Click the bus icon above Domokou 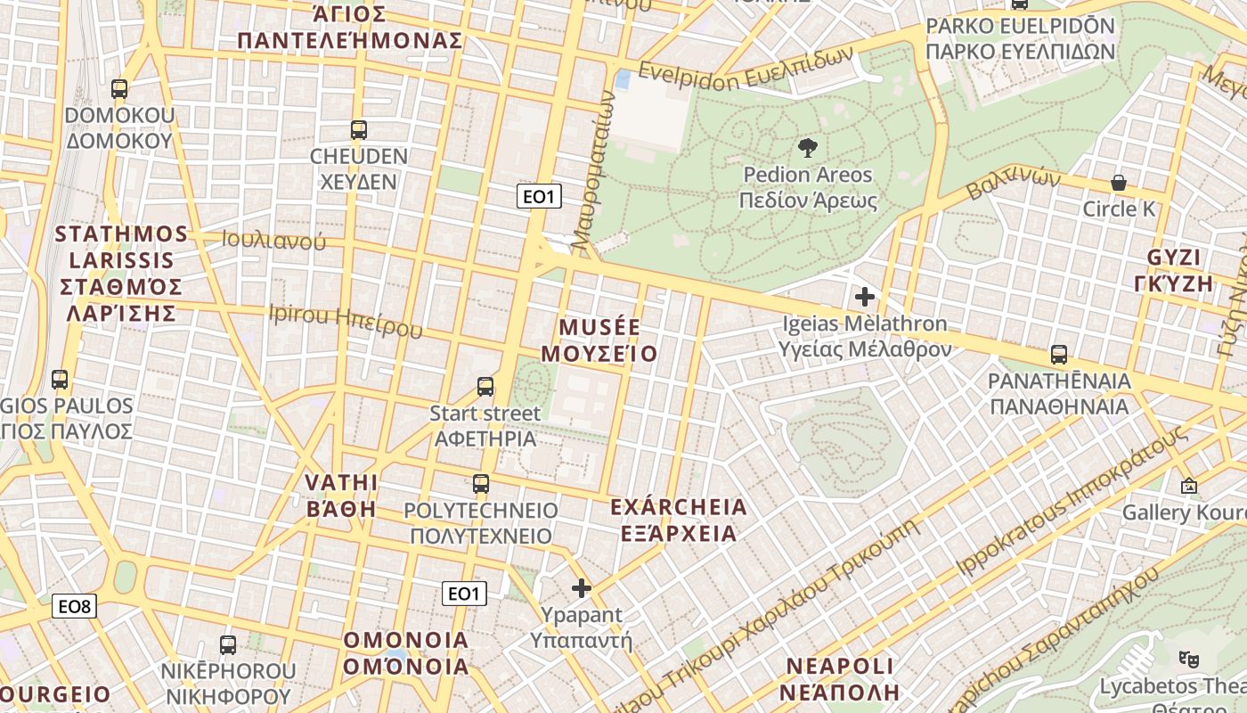pyautogui.click(x=119, y=89)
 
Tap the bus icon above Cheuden pyautogui.click(x=359, y=130)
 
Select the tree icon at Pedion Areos pyautogui.click(x=808, y=148)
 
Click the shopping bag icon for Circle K pyautogui.click(x=1119, y=183)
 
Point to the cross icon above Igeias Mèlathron pyautogui.click(x=864, y=297)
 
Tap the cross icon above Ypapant pyautogui.click(x=582, y=588)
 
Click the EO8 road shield pyautogui.click(x=74, y=607)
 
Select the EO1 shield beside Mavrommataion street pyautogui.click(x=539, y=196)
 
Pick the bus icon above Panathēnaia pyautogui.click(x=1058, y=355)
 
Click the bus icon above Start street pyautogui.click(x=485, y=387)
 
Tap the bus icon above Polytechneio pyautogui.click(x=481, y=484)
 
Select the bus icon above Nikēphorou pyautogui.click(x=228, y=644)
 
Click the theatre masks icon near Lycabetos pyautogui.click(x=1186, y=659)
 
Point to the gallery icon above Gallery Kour pyautogui.click(x=1188, y=487)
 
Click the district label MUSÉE pyautogui.click(x=599, y=326)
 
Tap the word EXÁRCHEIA pyautogui.click(x=679, y=507)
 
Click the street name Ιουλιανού pyautogui.click(x=273, y=241)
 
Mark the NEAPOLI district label pyautogui.click(x=839, y=667)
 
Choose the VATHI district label pyautogui.click(x=341, y=483)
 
